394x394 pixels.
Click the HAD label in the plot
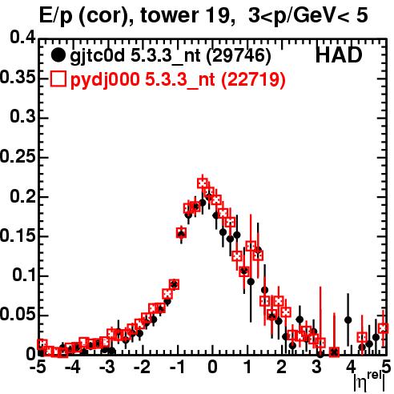[x=339, y=55]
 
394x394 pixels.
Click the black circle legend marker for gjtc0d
[x=58, y=55]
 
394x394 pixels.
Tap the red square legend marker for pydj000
[x=58, y=79]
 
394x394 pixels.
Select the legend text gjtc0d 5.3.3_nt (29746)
[x=171, y=56]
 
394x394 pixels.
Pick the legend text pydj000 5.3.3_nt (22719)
[x=178, y=79]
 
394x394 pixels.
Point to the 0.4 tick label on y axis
[x=23, y=38]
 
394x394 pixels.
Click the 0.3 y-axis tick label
[x=23, y=117]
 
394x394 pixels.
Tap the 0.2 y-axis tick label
[x=23, y=196]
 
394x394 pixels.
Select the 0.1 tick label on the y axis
[x=24, y=275]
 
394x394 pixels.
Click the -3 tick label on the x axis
[x=107, y=367]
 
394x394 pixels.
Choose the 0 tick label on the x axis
[x=212, y=367]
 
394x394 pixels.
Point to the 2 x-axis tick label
[x=282, y=367]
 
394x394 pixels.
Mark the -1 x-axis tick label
[x=177, y=367]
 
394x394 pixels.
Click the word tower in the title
[x=170, y=15]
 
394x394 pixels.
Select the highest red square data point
[x=203, y=183]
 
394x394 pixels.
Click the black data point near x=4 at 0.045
[x=348, y=320]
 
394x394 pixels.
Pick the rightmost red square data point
[x=384, y=328]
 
